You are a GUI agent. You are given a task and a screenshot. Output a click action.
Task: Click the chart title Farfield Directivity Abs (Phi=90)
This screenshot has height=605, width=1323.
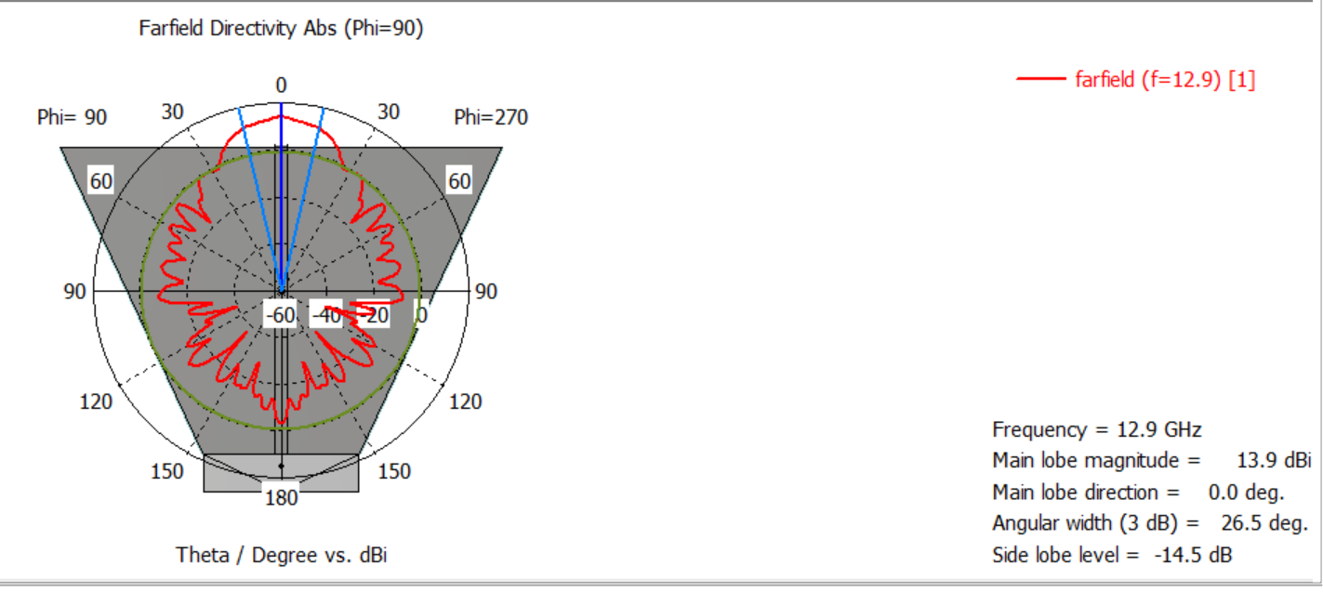[x=281, y=28]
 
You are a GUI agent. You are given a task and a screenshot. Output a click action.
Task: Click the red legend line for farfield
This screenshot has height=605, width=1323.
[x=1040, y=78]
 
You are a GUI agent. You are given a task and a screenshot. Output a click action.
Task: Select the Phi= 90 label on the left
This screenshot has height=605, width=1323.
[x=72, y=117]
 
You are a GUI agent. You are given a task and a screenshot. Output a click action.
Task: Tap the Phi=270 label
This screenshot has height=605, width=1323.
[x=491, y=117]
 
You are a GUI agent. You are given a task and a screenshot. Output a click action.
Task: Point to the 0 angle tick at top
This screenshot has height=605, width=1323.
[x=281, y=85]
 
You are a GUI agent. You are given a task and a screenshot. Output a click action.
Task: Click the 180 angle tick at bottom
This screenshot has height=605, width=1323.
[x=281, y=497]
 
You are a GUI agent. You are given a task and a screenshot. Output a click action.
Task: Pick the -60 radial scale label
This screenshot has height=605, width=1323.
[x=280, y=315]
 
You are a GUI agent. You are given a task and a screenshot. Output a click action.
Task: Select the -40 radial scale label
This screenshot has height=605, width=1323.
[x=326, y=315]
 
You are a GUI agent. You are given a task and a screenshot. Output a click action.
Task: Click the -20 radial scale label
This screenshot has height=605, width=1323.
[x=373, y=315]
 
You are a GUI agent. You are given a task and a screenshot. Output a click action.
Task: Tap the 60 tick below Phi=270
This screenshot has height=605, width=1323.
[x=459, y=180]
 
